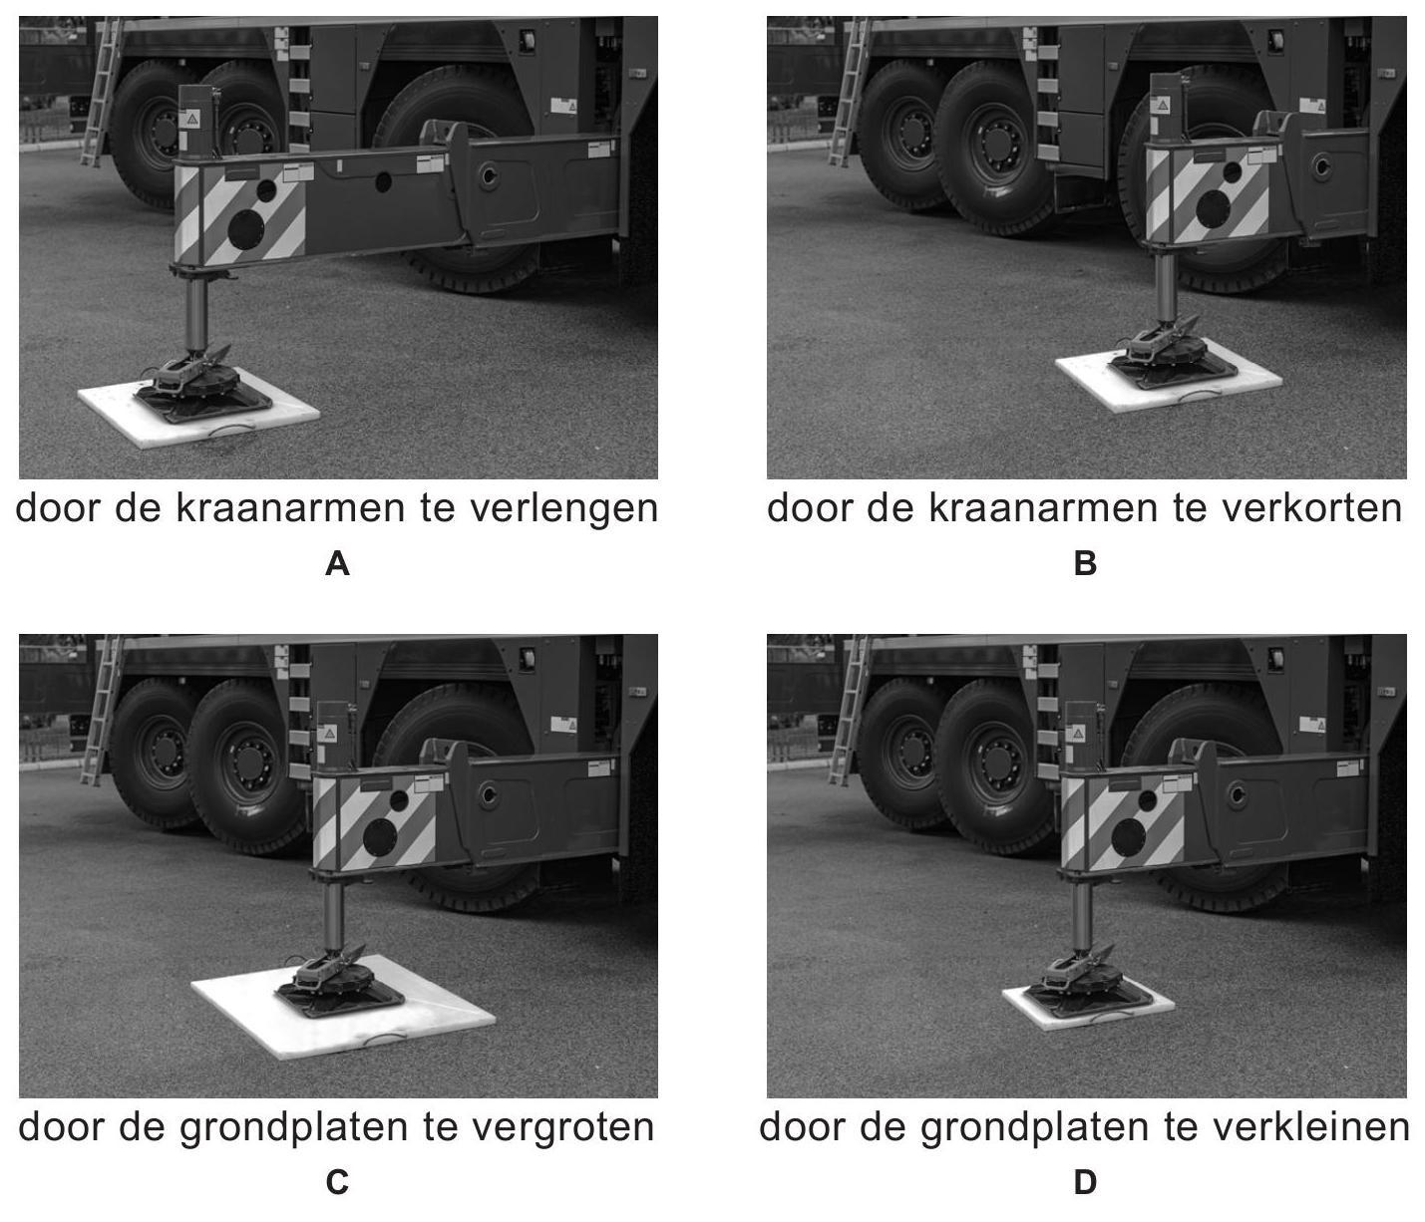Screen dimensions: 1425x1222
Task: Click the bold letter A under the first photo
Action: pyautogui.click(x=337, y=564)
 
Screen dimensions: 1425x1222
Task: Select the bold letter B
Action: pyautogui.click(x=1085, y=564)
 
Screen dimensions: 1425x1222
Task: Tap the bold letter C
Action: pyautogui.click(x=337, y=1183)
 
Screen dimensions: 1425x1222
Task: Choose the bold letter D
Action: pyautogui.click(x=1085, y=1183)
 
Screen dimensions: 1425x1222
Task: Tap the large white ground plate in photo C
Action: pyautogui.click(x=343, y=1008)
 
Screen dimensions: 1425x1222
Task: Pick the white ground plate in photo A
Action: pyautogui.click(x=198, y=417)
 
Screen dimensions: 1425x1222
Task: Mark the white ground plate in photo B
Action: pyautogui.click(x=1169, y=385)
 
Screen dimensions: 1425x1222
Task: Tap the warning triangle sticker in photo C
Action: pyautogui.click(x=330, y=732)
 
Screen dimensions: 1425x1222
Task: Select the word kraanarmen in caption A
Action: pyautogui.click(x=292, y=508)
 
